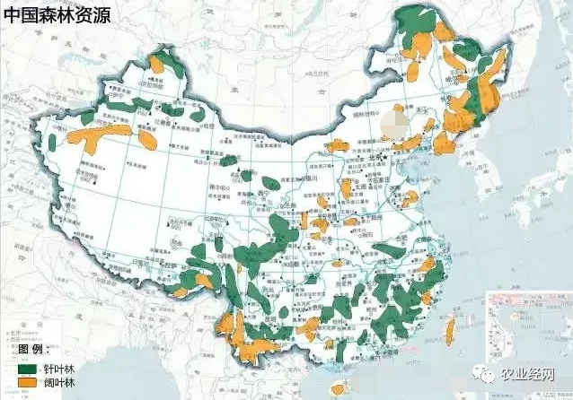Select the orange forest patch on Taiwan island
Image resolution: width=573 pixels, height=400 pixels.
pos(450,331)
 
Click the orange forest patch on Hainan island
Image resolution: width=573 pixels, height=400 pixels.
pos(339,387)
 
